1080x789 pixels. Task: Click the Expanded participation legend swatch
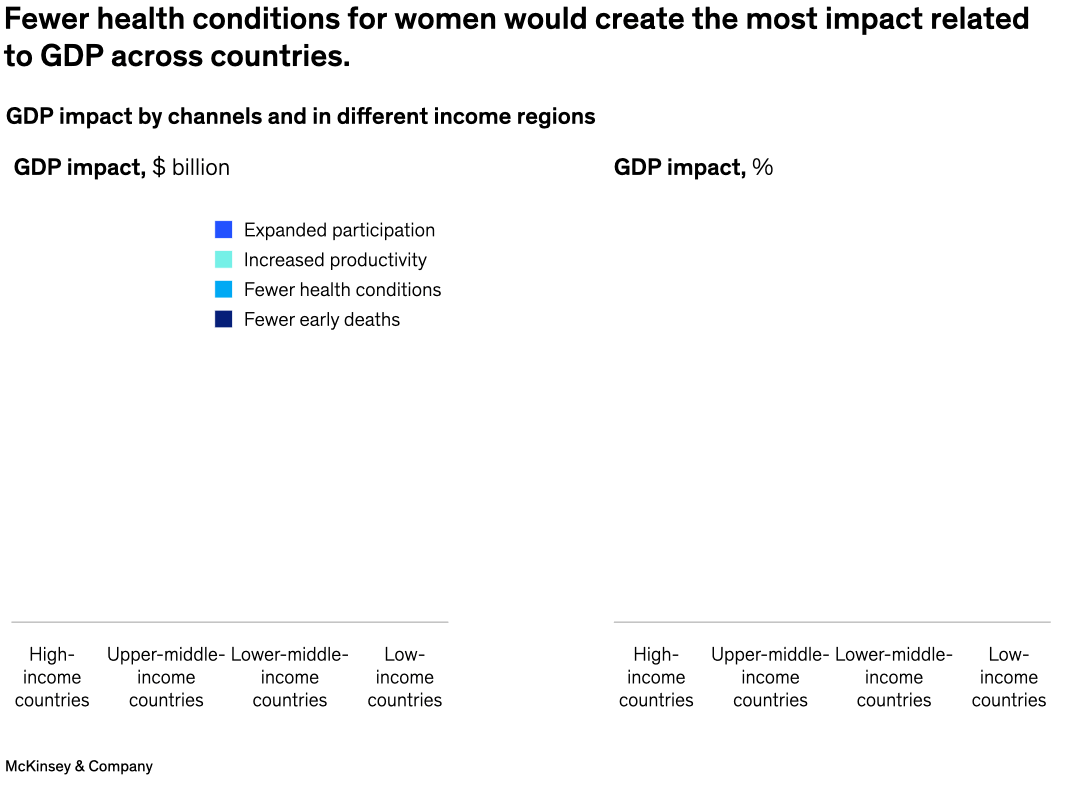[223, 230]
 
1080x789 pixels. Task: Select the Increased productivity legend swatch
[223, 260]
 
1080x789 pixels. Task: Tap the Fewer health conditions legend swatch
[223, 290]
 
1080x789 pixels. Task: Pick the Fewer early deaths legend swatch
[223, 320]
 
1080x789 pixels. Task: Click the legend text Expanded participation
[339, 230]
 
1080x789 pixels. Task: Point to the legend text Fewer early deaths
[321, 320]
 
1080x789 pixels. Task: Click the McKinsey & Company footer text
[79, 766]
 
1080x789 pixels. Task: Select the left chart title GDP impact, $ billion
[121, 167]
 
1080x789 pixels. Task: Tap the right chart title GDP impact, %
[693, 167]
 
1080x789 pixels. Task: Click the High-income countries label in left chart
[52, 677]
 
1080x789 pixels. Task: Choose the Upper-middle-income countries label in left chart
[166, 677]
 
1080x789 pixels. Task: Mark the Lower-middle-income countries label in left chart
[290, 677]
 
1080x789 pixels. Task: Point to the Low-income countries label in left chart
[405, 677]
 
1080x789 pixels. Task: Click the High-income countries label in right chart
[656, 677]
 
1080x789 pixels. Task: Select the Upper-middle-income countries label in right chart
[770, 677]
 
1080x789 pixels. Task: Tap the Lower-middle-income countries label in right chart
[894, 677]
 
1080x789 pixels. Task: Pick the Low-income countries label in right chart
[1009, 677]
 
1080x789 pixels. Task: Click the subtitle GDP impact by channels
[300, 116]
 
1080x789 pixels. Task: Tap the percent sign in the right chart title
[763, 167]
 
